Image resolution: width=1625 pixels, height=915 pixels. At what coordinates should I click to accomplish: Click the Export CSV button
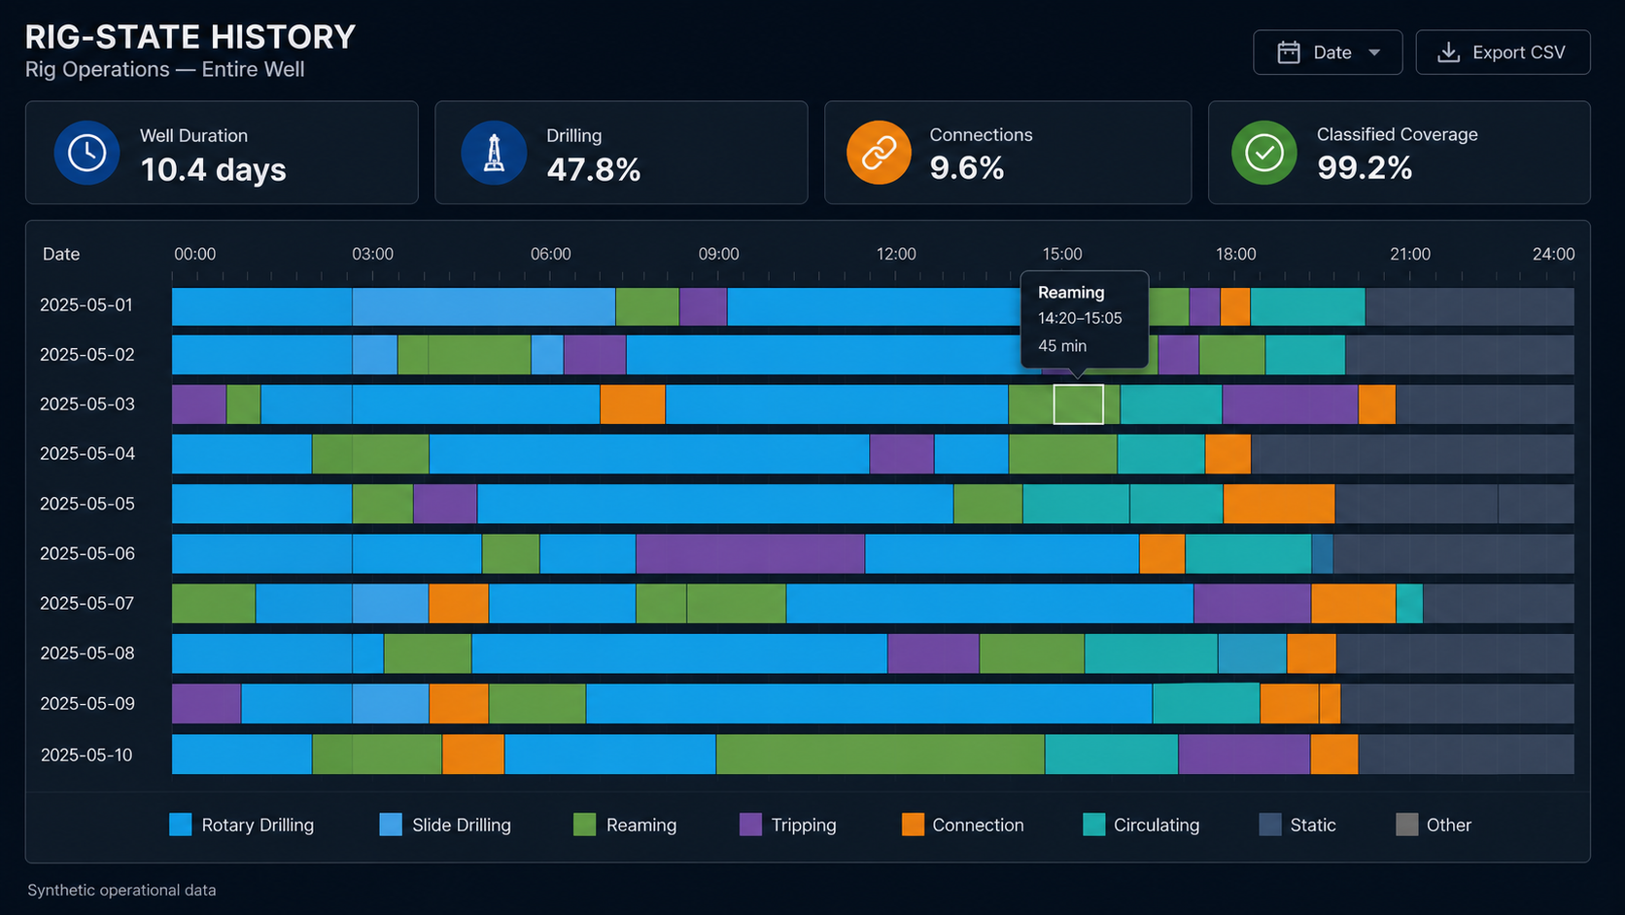pos(1503,53)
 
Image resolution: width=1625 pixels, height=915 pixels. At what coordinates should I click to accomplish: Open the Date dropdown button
pos(1328,53)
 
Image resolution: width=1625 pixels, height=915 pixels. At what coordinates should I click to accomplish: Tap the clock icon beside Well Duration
pos(87,153)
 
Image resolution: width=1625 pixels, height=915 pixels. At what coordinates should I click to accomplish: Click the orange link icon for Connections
pos(879,153)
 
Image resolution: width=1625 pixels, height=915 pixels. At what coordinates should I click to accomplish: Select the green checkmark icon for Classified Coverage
pos(1263,153)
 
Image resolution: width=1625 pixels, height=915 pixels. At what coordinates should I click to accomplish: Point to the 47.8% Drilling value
pos(594,170)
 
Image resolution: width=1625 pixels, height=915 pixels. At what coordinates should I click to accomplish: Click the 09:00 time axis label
pos(718,254)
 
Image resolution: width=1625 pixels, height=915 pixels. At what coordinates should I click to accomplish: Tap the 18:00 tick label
pos(1235,254)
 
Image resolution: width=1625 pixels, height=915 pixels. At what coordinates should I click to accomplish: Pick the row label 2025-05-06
pos(87,553)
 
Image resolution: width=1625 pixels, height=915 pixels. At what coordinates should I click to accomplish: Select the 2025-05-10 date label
pos(87,755)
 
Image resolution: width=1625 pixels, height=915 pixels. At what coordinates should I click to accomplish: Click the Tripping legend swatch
pos(751,825)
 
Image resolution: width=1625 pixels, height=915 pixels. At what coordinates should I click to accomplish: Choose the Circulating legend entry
pos(1141,825)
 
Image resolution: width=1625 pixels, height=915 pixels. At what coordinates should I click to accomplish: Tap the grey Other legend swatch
pos(1406,825)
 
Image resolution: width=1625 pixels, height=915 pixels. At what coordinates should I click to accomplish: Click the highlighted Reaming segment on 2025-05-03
pos(1079,405)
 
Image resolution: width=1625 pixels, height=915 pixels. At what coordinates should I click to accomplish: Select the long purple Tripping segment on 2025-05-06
pos(750,553)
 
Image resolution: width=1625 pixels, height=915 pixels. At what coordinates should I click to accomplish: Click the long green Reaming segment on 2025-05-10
pos(880,754)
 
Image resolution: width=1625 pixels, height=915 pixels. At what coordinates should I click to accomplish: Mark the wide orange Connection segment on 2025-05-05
pos(1279,504)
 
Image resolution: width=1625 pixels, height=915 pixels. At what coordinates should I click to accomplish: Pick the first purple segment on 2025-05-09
pos(206,703)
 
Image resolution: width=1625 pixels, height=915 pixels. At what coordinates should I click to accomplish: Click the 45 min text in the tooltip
pos(1062,346)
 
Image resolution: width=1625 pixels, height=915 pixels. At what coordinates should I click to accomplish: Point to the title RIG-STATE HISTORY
pos(190,37)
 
